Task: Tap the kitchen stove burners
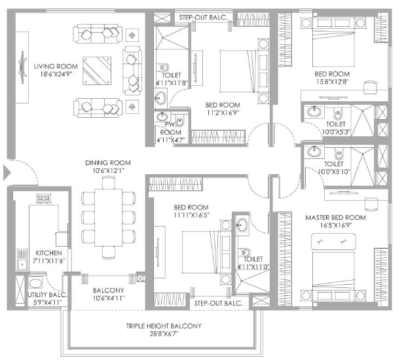pos(45,199)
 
